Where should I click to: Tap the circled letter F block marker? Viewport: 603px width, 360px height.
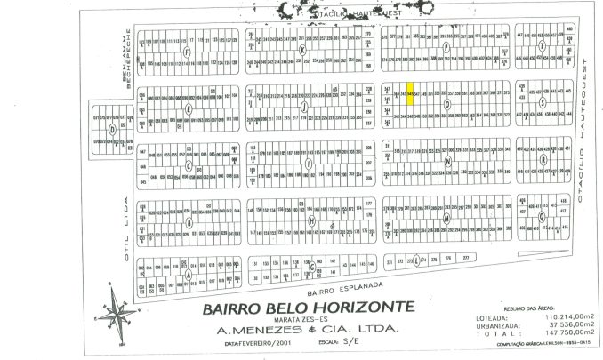click(186, 51)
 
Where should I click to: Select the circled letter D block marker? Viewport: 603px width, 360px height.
click(111, 128)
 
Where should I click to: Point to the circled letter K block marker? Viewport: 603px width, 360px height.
click(302, 50)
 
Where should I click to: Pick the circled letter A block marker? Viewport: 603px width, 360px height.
click(188, 275)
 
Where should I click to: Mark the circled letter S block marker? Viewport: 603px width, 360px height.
click(542, 101)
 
